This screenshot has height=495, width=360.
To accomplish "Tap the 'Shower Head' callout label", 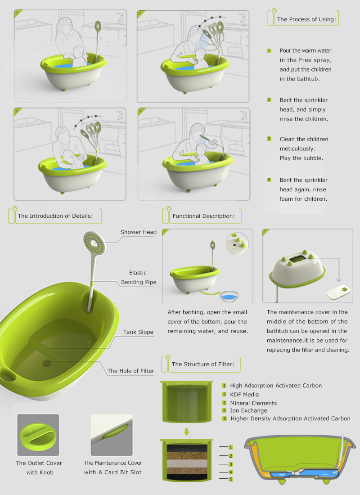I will pos(138,232).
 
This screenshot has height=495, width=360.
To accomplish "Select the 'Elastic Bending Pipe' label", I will pos(139,278).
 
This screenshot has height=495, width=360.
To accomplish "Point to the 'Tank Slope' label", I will pos(138,332).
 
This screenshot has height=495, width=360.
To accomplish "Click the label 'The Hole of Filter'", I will pos(130,371).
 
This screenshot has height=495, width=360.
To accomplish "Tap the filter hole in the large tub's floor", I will pos(47,363).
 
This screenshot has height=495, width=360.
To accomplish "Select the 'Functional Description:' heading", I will pos(203,216).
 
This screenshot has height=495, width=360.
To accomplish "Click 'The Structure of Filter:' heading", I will pos(202,364).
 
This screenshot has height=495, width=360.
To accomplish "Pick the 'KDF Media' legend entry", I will pos(244,394).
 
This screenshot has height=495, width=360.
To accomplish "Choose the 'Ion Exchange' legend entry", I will pos(248,410).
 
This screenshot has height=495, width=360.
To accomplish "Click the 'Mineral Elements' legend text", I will pos(253,403).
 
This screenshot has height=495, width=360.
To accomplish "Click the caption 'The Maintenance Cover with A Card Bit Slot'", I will pos(113,468).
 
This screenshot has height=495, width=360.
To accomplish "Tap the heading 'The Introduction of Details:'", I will pos(55,216).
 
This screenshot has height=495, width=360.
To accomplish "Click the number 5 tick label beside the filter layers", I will pos(230,479).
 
